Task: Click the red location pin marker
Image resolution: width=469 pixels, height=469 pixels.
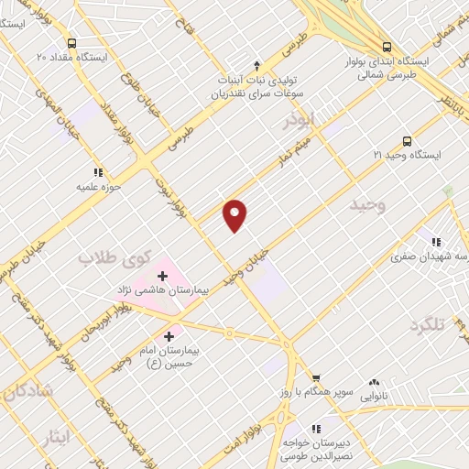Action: pyautogui.click(x=235, y=214)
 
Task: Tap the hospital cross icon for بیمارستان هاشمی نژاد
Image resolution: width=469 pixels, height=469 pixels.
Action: pyautogui.click(x=163, y=275)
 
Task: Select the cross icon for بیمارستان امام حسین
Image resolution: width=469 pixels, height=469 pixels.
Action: pyautogui.click(x=168, y=337)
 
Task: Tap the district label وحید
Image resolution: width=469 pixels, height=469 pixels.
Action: pyautogui.click(x=369, y=207)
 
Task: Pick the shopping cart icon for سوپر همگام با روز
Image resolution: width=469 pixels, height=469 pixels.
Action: pyautogui.click(x=316, y=376)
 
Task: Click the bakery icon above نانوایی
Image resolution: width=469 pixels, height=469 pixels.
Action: pyautogui.click(x=373, y=383)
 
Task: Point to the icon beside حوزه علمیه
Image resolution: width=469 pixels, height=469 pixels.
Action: pyautogui.click(x=97, y=171)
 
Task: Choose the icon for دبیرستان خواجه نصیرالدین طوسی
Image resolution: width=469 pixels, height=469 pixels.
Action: pyautogui.click(x=315, y=428)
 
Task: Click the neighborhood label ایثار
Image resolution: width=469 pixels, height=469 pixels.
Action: pyautogui.click(x=51, y=436)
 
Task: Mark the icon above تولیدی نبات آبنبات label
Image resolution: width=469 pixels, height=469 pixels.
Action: pyautogui.click(x=256, y=65)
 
